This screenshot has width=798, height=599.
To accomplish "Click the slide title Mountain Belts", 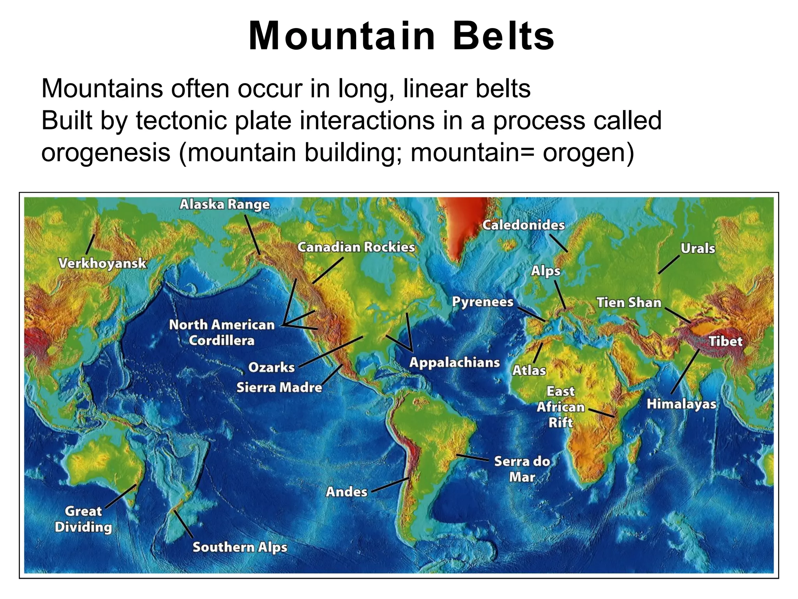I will (401, 36).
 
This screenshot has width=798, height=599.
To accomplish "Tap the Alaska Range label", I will (224, 204).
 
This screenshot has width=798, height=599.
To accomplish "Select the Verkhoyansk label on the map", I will (102, 263).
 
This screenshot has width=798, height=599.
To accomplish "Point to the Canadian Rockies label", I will (356, 247).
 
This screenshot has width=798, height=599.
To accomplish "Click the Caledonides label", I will (523, 225).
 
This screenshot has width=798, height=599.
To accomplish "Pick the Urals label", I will (697, 248).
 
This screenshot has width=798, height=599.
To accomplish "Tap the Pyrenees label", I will (482, 302).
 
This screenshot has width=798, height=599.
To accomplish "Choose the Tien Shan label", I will (629, 303).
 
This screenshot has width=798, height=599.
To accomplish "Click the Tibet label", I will (725, 342).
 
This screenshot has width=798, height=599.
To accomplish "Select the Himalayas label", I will (681, 404).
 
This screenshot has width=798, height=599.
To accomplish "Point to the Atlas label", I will (529, 370).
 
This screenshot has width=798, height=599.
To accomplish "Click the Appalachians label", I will (454, 363).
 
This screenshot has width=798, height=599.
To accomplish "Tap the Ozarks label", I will (271, 367).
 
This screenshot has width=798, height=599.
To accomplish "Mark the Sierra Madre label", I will (279, 388).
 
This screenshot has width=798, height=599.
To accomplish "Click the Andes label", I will (346, 492).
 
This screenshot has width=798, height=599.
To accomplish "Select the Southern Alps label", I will (240, 547).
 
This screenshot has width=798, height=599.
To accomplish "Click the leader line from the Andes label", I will (390, 485).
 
